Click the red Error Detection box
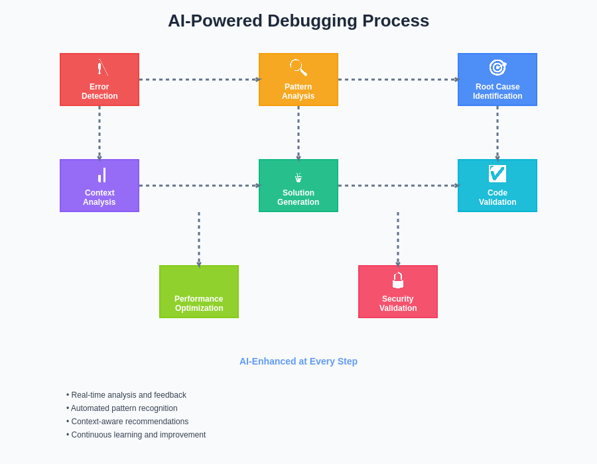tap(99, 80)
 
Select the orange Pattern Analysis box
tap(298, 80)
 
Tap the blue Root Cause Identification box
tap(497, 80)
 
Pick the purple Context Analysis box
tap(99, 186)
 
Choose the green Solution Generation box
tap(298, 186)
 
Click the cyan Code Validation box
tap(497, 186)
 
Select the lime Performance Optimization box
tap(199, 292)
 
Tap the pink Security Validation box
tap(398, 292)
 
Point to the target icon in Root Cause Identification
tap(497, 67)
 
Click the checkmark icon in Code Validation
tap(497, 174)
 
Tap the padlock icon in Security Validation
tap(398, 280)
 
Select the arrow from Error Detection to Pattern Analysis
tap(199, 80)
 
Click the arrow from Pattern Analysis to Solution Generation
tap(298, 133)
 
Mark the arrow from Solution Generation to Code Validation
tap(398, 186)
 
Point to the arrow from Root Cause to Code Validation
tap(497, 133)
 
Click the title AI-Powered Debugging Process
tap(298, 21)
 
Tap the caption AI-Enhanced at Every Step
tap(298, 361)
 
